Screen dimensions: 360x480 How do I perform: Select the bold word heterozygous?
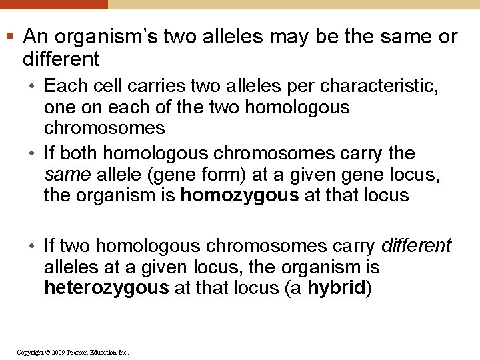(x=106, y=287)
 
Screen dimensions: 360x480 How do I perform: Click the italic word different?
(x=416, y=246)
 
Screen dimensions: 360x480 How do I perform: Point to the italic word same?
(x=67, y=175)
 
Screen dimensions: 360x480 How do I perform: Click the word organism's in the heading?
(x=105, y=37)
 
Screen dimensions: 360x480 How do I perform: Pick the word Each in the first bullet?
(x=63, y=86)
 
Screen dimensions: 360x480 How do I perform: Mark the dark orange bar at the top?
(x=53, y=4)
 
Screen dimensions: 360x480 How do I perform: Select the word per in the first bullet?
(x=303, y=86)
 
